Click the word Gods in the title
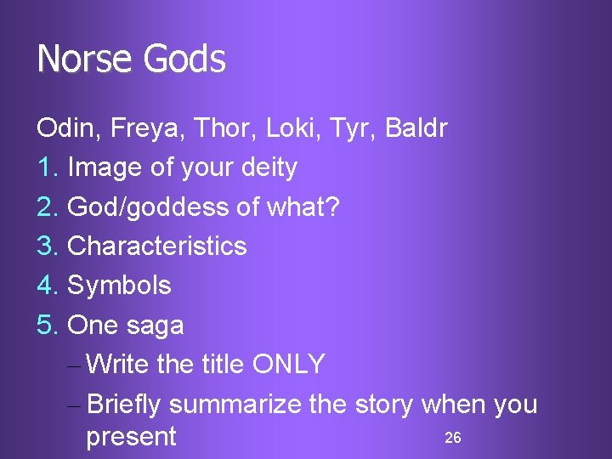click(184, 59)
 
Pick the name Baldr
click(416, 128)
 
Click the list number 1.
click(46, 167)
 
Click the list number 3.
click(47, 246)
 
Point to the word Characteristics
click(157, 246)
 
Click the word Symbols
click(119, 286)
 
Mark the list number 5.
click(47, 325)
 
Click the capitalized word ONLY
click(288, 364)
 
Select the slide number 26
click(453, 438)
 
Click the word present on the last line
click(131, 438)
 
